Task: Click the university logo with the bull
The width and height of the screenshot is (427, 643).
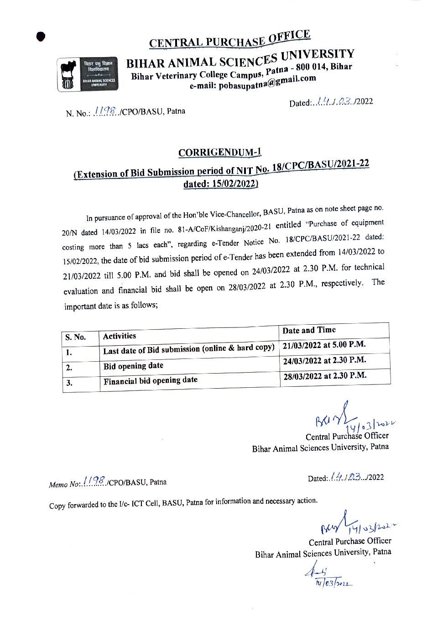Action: pos(87,74)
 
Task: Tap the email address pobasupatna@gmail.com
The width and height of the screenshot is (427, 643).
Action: pos(253,83)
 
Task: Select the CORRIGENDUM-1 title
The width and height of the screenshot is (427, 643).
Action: pos(220,153)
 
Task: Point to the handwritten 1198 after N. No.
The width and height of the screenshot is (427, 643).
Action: pos(105,111)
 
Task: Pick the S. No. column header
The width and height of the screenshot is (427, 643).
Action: pos(76,337)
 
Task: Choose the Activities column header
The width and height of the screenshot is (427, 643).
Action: pos(120,336)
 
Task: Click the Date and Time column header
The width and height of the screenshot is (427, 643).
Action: pos(309,330)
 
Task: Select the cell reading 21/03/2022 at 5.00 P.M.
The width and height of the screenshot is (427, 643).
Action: pos(324,345)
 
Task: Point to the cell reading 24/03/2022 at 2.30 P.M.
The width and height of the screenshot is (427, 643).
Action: pos(324,361)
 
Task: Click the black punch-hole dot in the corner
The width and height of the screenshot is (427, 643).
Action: pos(41,37)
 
